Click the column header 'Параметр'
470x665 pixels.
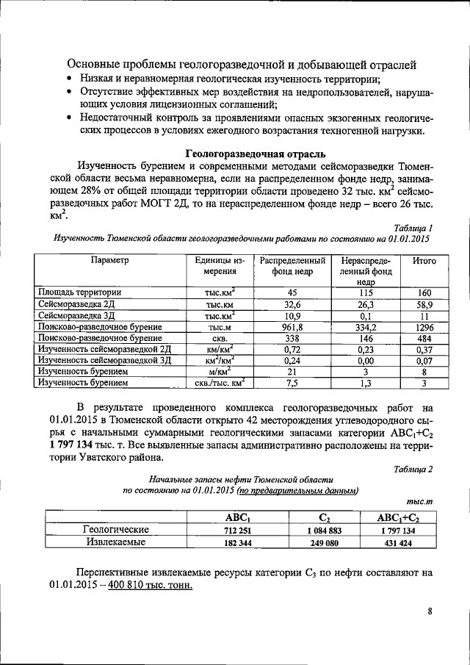109,262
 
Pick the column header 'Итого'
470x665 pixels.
424,262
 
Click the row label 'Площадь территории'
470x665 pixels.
80,292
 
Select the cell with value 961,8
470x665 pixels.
292,325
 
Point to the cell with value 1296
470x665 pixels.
424,325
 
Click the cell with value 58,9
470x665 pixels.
424,303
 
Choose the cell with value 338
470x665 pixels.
292,337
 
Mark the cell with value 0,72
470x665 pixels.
292,349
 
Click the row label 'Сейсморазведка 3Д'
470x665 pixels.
79,314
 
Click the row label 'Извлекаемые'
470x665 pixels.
116,543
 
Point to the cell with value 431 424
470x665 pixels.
400,543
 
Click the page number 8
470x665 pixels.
430,610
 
